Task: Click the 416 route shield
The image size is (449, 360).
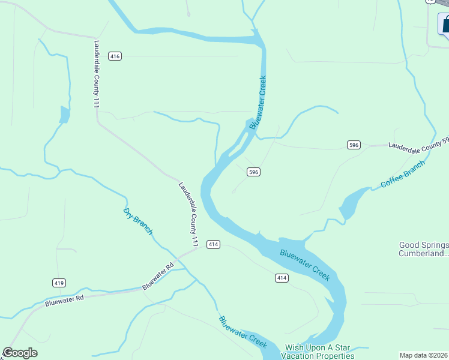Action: tap(115, 56)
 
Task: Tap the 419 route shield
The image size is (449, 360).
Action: tap(59, 283)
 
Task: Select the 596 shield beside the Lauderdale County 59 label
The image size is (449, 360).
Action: tap(354, 145)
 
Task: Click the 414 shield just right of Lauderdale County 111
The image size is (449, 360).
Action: tap(214, 244)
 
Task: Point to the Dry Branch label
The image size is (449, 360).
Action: tap(138, 221)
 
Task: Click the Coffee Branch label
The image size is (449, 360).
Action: tap(402, 174)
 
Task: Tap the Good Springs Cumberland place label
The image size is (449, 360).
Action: tap(424, 249)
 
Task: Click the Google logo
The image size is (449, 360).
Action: tap(20, 353)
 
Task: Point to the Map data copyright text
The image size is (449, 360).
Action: tap(423, 355)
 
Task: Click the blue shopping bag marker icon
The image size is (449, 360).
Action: tap(445, 25)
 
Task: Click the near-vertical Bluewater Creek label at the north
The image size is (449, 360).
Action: tap(258, 102)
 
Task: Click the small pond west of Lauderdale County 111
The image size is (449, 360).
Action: tap(64, 115)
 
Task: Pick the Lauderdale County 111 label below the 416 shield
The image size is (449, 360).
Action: tap(96, 74)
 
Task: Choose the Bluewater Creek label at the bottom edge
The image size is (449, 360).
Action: tap(243, 332)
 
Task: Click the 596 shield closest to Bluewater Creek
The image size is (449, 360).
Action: tap(253, 172)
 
